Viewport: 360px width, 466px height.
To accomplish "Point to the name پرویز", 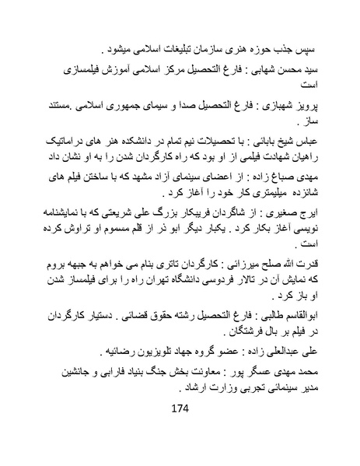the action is [313, 107].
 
